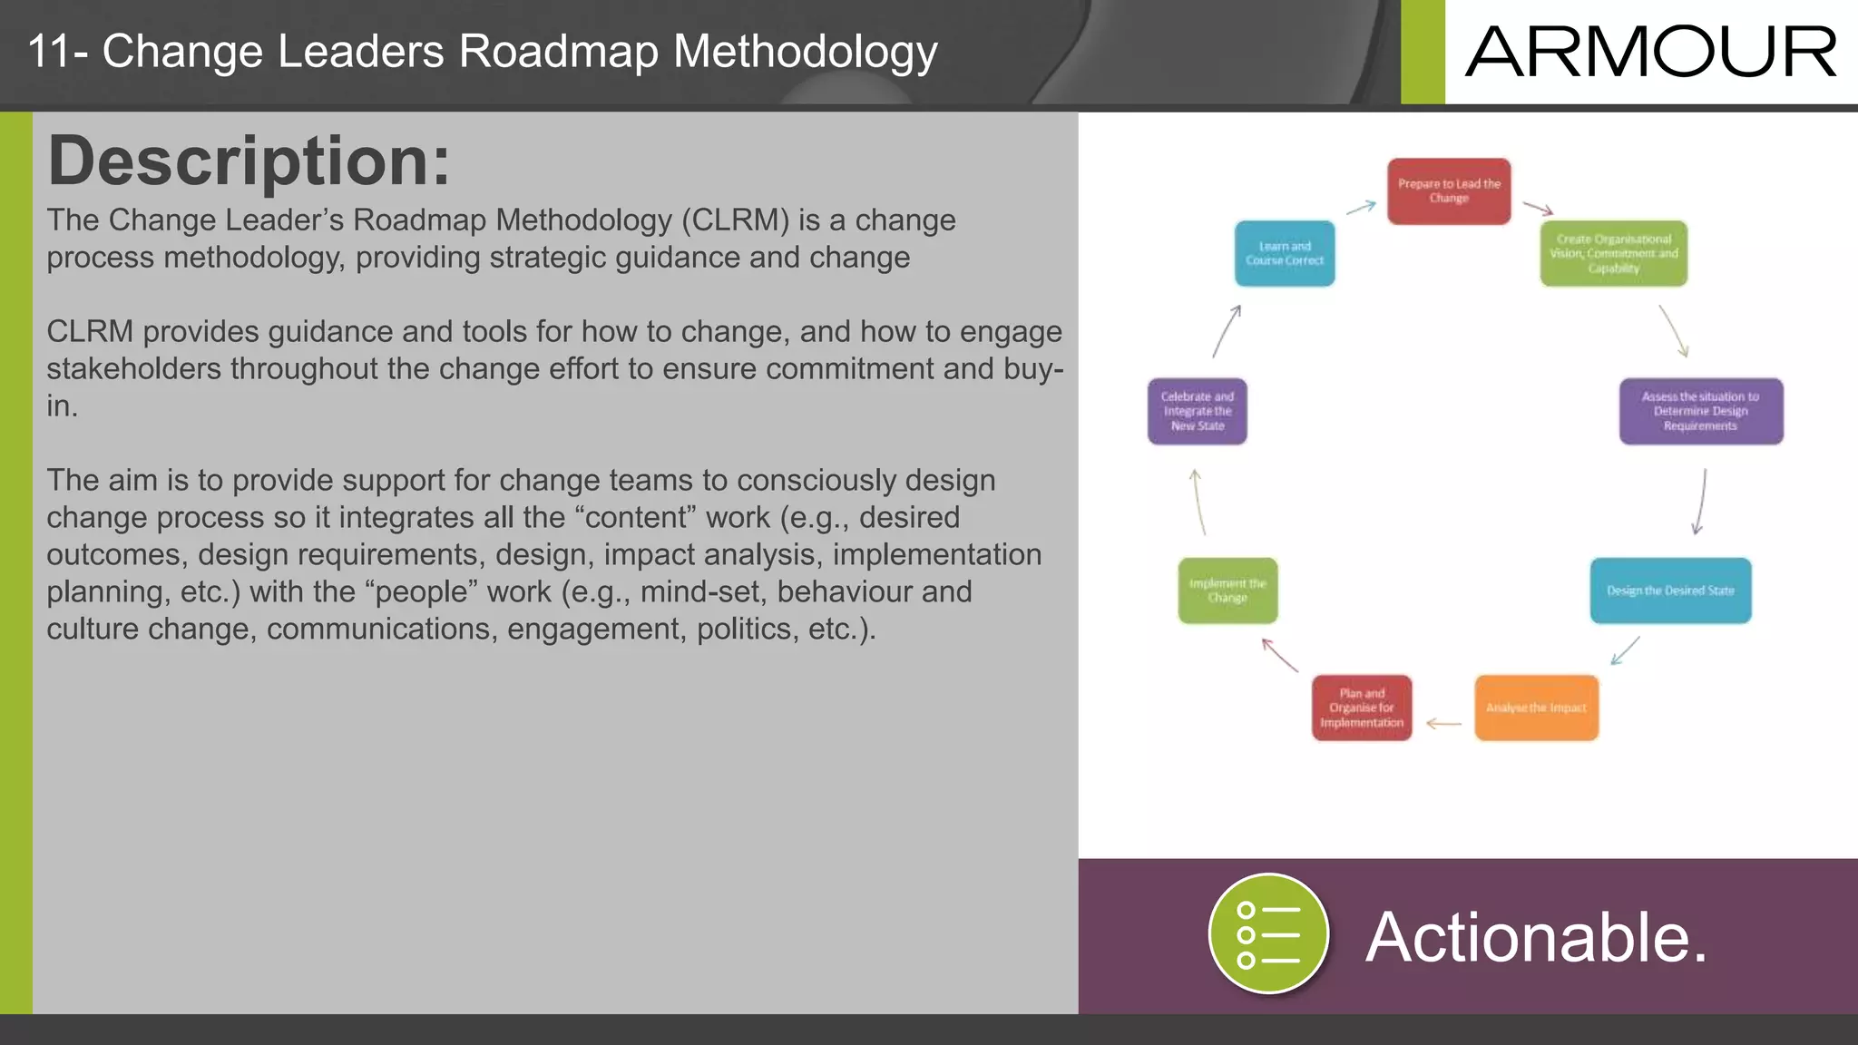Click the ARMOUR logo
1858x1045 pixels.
pos(1650,52)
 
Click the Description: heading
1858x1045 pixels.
pos(249,161)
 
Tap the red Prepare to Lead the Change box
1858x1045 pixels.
pos(1449,191)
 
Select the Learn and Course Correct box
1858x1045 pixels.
pos(1285,254)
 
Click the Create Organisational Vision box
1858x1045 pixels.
pos(1613,254)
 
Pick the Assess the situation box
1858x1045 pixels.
pos(1700,411)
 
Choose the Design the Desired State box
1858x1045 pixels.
pos(1670,591)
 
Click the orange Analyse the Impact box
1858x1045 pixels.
pos(1536,708)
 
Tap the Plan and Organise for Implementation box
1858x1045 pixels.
pos(1362,708)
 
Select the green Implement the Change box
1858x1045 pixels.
pos(1227,591)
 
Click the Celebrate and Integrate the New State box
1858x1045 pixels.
pos(1197,411)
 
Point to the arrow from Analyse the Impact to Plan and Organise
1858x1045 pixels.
pos(1443,724)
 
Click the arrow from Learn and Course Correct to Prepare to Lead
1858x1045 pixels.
pos(1361,208)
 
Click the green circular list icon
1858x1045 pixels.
pos(1268,933)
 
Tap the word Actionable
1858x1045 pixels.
pos(1536,937)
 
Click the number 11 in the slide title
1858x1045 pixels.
pos(48,51)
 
